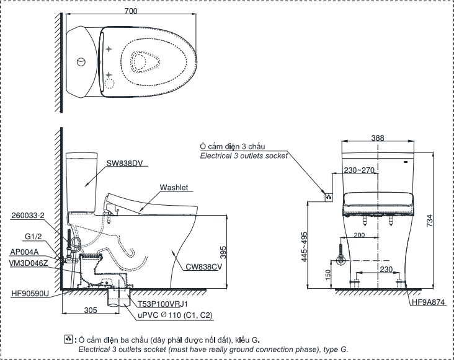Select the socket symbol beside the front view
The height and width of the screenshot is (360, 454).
pos(329,198)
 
